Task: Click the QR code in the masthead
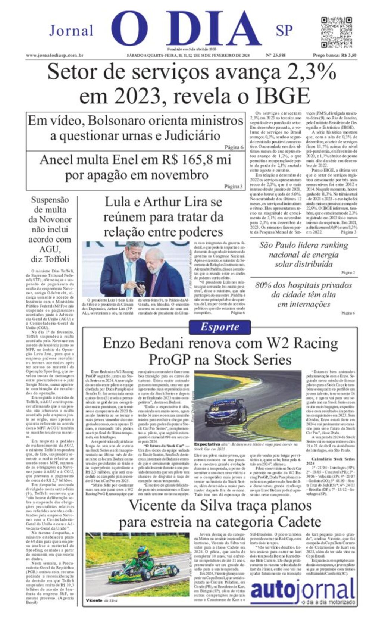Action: pos(336,32)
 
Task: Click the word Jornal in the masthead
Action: pos(71,31)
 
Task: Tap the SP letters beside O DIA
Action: pos(284,31)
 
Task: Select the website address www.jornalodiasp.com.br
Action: pos(54,55)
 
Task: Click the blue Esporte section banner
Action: pos(219,327)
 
